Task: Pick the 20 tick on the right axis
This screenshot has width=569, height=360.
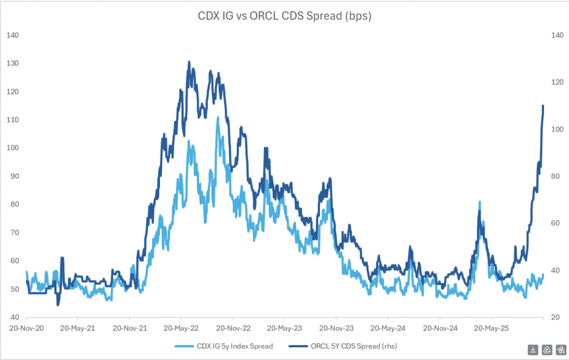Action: coord(555,317)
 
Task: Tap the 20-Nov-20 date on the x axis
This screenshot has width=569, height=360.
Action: coord(26,328)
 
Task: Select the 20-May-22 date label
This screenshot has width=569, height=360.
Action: coord(182,328)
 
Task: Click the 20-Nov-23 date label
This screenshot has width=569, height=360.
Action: coord(336,328)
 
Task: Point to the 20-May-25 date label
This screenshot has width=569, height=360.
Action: coord(491,328)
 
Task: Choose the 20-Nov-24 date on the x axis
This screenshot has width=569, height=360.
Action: coord(440,328)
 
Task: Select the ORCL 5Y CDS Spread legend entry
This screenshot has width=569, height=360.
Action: coord(342,347)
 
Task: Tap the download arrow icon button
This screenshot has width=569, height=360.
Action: coord(533,349)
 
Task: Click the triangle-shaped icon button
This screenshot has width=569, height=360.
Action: coord(546,349)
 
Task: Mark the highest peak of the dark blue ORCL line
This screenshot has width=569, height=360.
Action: coord(189,62)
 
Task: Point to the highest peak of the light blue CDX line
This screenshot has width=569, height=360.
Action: coord(217,117)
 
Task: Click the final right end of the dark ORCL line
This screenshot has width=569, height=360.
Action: coord(543,106)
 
